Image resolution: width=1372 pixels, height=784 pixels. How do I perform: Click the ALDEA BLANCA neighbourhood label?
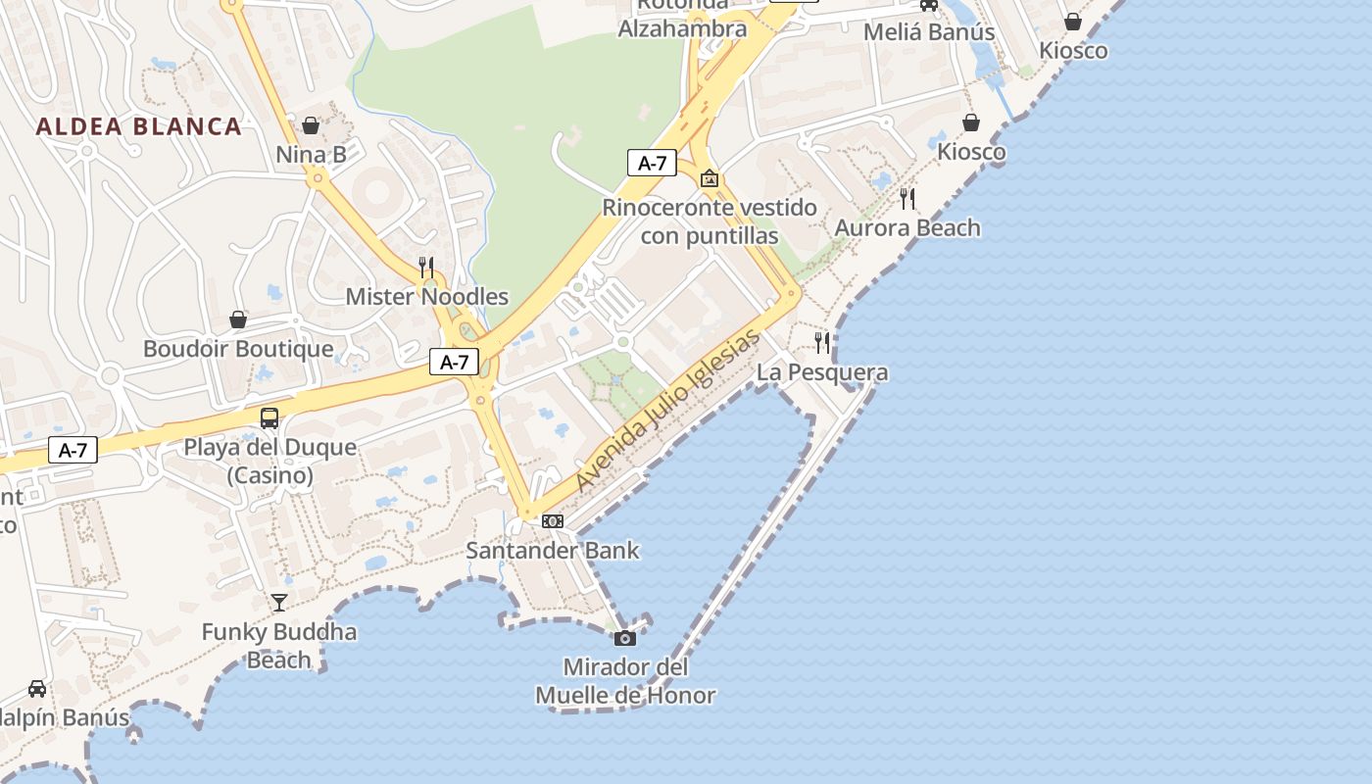[138, 126]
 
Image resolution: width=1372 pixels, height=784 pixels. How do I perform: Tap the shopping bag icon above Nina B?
[311, 125]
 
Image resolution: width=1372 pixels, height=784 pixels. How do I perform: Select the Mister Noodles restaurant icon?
[426, 266]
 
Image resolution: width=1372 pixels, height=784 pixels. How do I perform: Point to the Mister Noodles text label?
[427, 296]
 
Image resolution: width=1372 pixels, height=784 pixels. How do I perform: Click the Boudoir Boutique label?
[238, 348]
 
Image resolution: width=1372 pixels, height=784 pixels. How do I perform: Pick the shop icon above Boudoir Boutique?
[237, 319]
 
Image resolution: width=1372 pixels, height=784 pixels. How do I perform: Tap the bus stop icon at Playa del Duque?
[269, 418]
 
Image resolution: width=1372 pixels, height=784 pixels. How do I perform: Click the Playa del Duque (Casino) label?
[270, 462]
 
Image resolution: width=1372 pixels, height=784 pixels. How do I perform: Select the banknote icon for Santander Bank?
[553, 521]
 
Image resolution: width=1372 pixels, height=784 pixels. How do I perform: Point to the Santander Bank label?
[553, 550]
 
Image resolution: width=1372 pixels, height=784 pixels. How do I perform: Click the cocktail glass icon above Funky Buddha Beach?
[279, 602]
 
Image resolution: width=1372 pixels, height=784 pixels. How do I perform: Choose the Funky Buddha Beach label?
[279, 645]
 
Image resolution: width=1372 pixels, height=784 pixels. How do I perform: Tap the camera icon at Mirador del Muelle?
[624, 639]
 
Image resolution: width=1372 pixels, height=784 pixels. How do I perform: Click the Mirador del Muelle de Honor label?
[625, 681]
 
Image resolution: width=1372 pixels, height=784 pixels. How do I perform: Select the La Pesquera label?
[822, 372]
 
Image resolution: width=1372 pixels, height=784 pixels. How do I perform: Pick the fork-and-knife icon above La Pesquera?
[822, 342]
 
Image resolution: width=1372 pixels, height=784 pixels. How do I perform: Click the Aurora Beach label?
[907, 228]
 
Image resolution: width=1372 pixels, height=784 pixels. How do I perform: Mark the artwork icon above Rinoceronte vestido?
[710, 178]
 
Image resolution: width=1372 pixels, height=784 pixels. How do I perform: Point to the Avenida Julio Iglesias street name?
[667, 411]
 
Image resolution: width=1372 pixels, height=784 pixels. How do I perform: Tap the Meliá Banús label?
[929, 32]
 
